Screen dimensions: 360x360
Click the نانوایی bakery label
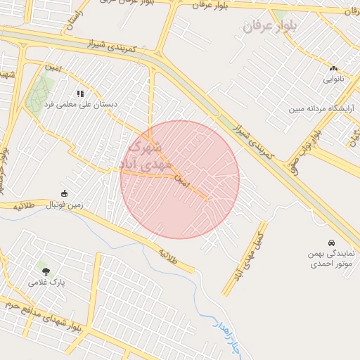click(333, 79)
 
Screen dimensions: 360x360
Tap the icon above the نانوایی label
click(333, 68)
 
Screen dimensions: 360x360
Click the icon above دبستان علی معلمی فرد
click(81, 93)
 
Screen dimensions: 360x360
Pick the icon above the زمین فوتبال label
click(65, 194)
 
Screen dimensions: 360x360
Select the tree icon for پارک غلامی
click(46, 271)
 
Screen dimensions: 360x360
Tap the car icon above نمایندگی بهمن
click(332, 242)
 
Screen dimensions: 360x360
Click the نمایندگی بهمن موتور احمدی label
click(331, 259)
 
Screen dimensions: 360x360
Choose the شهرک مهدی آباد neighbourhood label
click(147, 157)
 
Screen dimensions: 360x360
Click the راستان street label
click(72, 18)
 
